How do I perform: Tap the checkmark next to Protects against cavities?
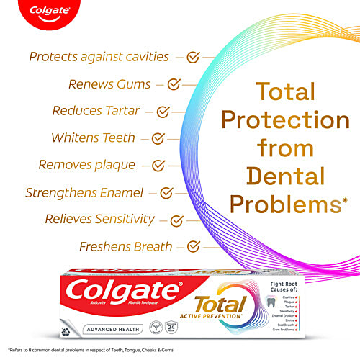[x=193, y=55]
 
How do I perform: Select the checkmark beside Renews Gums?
[x=174, y=84]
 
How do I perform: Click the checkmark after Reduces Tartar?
[x=163, y=112]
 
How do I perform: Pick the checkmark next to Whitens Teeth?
[x=158, y=138]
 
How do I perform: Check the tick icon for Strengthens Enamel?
[x=166, y=192]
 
